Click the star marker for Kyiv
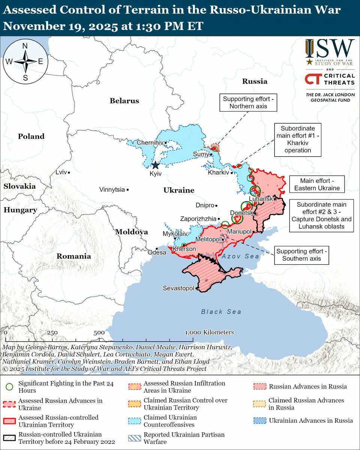(x=155, y=165)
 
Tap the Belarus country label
(x=124, y=100)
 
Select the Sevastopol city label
(x=178, y=288)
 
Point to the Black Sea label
(x=221, y=312)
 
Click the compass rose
(x=25, y=62)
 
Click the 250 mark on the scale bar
(x=52, y=332)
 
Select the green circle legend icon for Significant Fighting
(x=10, y=387)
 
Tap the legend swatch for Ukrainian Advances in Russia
(x=260, y=420)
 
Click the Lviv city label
(x=60, y=172)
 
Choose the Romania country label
(x=73, y=256)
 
